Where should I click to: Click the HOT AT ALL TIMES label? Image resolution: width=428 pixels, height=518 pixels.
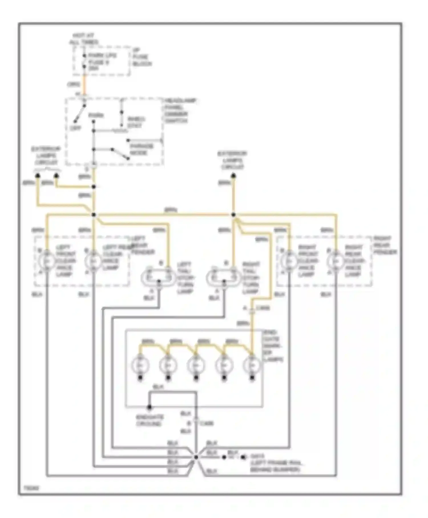pyautogui.click(x=83, y=39)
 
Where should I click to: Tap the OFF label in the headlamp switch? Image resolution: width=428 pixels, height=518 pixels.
pyautogui.click(x=75, y=128)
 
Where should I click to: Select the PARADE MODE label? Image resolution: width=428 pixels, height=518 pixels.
pyautogui.click(x=142, y=149)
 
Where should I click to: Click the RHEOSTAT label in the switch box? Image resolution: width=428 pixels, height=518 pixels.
pyautogui.click(x=136, y=122)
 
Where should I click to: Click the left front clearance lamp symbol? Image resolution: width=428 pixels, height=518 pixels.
pyautogui.click(x=47, y=261)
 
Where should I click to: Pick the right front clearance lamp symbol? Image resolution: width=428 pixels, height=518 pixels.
pyautogui.click(x=289, y=261)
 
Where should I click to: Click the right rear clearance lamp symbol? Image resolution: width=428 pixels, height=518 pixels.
pyautogui.click(x=336, y=261)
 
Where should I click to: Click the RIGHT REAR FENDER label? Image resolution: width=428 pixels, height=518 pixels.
pyautogui.click(x=385, y=245)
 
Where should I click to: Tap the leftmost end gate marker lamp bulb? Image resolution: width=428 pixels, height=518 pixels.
pyautogui.click(x=140, y=365)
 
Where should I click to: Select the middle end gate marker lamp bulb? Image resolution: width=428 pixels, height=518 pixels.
pyautogui.click(x=196, y=365)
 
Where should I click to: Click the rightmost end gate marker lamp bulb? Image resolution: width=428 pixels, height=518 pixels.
pyautogui.click(x=252, y=365)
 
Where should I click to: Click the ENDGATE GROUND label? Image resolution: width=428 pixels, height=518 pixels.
pyautogui.click(x=150, y=420)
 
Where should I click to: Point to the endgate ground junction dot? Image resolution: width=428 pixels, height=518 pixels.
pyautogui.click(x=149, y=407)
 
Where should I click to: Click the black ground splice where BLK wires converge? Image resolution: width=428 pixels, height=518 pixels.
pyautogui.click(x=196, y=457)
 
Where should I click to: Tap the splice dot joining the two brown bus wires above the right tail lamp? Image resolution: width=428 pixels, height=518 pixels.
pyautogui.click(x=233, y=215)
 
